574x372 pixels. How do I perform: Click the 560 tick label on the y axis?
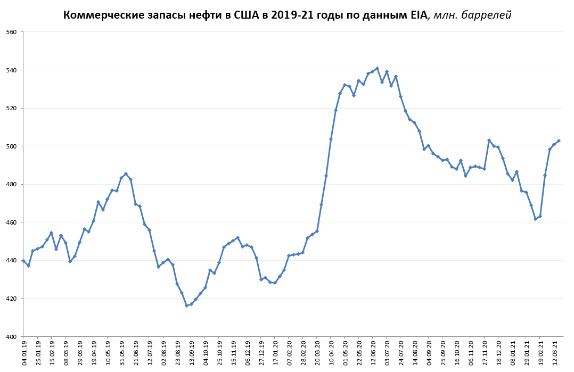12,32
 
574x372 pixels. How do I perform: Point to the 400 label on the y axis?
12,336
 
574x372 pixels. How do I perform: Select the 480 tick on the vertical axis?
12,184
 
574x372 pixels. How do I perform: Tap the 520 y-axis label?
12,108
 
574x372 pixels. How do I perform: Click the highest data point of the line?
377,68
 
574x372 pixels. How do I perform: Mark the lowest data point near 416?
186,305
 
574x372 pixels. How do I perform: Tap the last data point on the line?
559,140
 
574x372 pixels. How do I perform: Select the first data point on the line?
23,261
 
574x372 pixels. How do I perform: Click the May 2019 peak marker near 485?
126,173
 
